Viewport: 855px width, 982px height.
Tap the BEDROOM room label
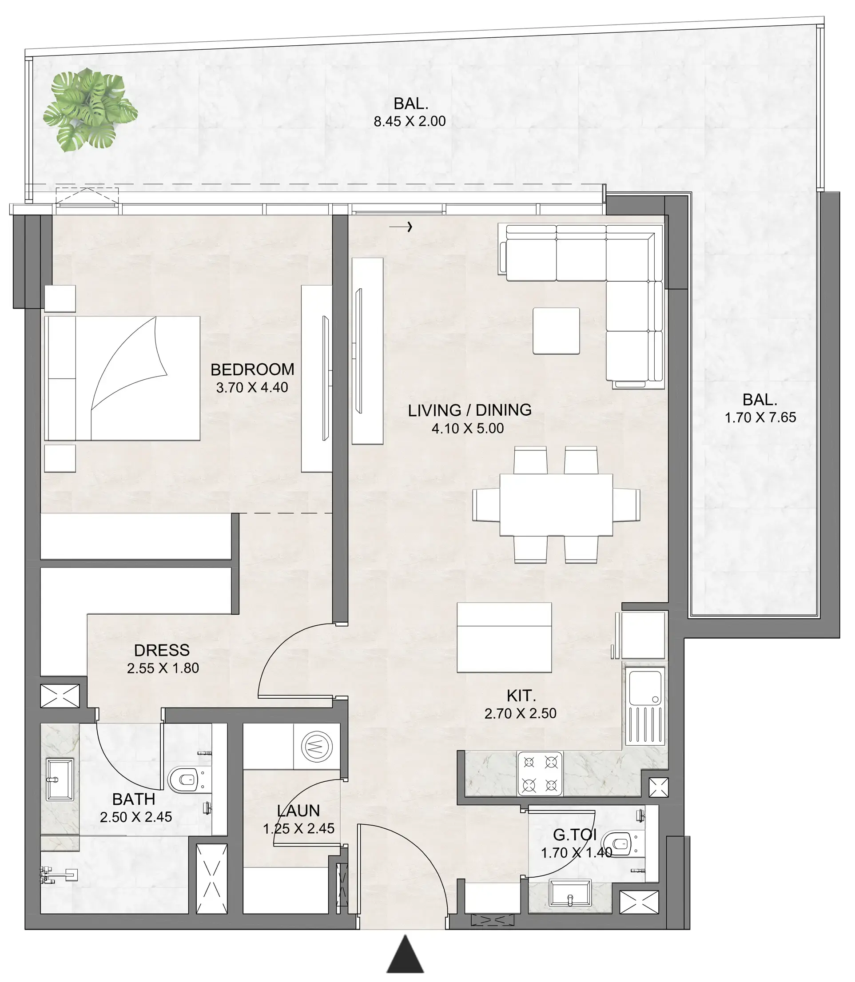(252, 370)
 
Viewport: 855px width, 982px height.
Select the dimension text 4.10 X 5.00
(468, 429)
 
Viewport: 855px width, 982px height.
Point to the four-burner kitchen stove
(540, 774)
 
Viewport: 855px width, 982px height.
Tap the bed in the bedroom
(122, 378)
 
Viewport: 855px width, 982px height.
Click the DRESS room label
(162, 650)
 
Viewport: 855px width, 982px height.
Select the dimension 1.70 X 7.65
(760, 417)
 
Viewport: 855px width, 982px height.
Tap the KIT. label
(521, 696)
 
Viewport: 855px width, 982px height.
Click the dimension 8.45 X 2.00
(410, 121)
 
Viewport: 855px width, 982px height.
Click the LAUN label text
(298, 811)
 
